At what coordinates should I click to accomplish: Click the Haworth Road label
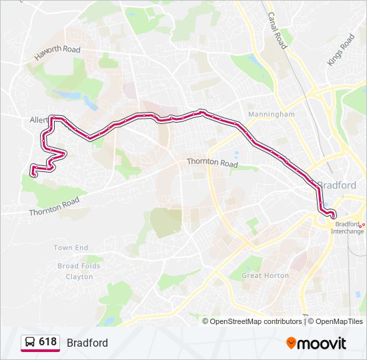point(57,53)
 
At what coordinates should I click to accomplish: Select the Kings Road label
point(341,50)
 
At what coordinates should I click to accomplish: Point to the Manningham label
point(271,115)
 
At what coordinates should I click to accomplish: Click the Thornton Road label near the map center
point(212,163)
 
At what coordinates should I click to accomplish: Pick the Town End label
point(71,248)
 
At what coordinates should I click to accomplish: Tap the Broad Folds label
point(79,266)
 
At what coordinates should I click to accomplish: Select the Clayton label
point(79,276)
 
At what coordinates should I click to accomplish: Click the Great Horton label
point(265,275)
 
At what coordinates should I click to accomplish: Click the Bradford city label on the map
point(338,185)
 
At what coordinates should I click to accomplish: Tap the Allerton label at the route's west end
point(37,121)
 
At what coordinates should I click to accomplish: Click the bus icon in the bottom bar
point(29,343)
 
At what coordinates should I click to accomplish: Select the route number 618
point(47,342)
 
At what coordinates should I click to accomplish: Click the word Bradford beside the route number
point(87,343)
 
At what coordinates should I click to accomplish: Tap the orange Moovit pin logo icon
point(291,343)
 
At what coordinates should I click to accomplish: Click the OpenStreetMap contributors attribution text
point(256,321)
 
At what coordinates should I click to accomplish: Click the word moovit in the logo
point(322,343)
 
